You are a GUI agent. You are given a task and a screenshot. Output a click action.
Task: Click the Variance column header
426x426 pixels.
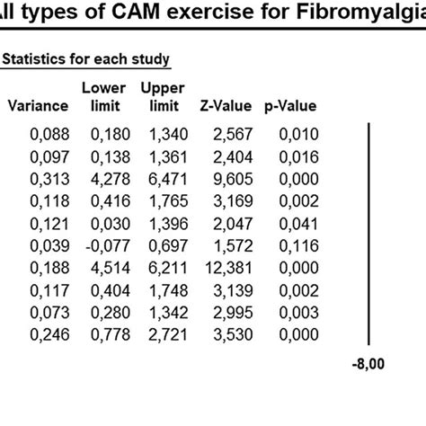(x=38, y=106)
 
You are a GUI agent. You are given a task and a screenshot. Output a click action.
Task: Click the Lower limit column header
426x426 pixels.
(x=102, y=97)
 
